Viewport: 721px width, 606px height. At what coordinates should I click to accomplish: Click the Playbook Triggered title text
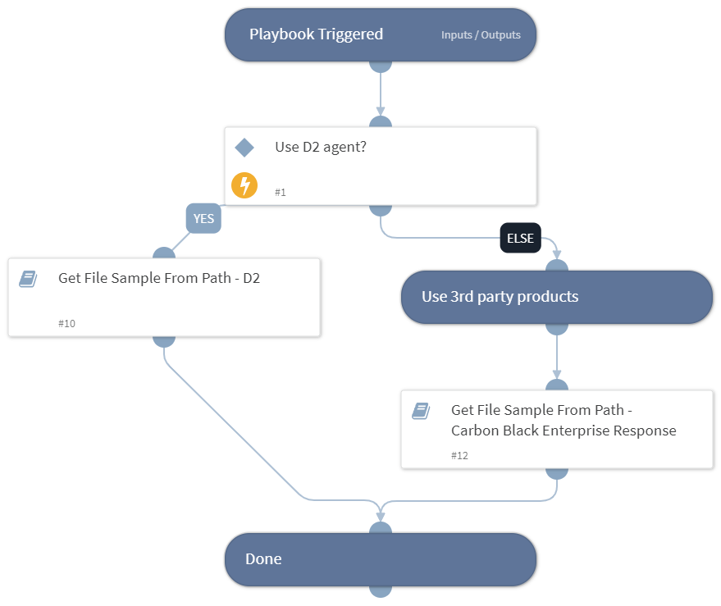click(x=316, y=34)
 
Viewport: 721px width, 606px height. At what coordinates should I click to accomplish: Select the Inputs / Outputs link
click(x=480, y=35)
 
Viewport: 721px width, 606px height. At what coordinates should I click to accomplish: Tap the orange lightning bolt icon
click(x=244, y=185)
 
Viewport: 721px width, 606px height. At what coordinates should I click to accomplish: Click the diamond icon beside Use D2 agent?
click(x=244, y=148)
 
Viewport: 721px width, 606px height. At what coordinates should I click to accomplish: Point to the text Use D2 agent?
click(x=321, y=148)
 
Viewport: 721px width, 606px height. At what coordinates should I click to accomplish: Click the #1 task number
click(x=281, y=192)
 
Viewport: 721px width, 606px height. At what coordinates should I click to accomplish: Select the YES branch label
click(x=203, y=219)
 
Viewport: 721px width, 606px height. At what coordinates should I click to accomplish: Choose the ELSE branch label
click(x=520, y=239)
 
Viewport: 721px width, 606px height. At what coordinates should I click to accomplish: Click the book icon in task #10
click(x=28, y=279)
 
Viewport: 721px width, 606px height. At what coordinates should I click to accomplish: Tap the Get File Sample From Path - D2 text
click(x=159, y=278)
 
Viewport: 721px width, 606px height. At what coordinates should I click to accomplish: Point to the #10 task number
click(x=66, y=324)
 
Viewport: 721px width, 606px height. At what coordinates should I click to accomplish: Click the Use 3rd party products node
click(x=556, y=297)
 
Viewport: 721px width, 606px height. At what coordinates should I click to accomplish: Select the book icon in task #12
click(x=421, y=411)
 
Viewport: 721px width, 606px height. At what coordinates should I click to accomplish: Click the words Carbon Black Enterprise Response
click(x=564, y=431)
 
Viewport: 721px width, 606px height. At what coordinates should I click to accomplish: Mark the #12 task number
click(x=459, y=455)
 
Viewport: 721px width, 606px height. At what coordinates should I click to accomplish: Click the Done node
click(x=381, y=559)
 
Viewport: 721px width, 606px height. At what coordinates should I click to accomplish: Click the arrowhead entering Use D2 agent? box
click(x=381, y=112)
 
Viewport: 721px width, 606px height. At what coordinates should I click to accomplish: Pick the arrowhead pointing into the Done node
click(x=381, y=517)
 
